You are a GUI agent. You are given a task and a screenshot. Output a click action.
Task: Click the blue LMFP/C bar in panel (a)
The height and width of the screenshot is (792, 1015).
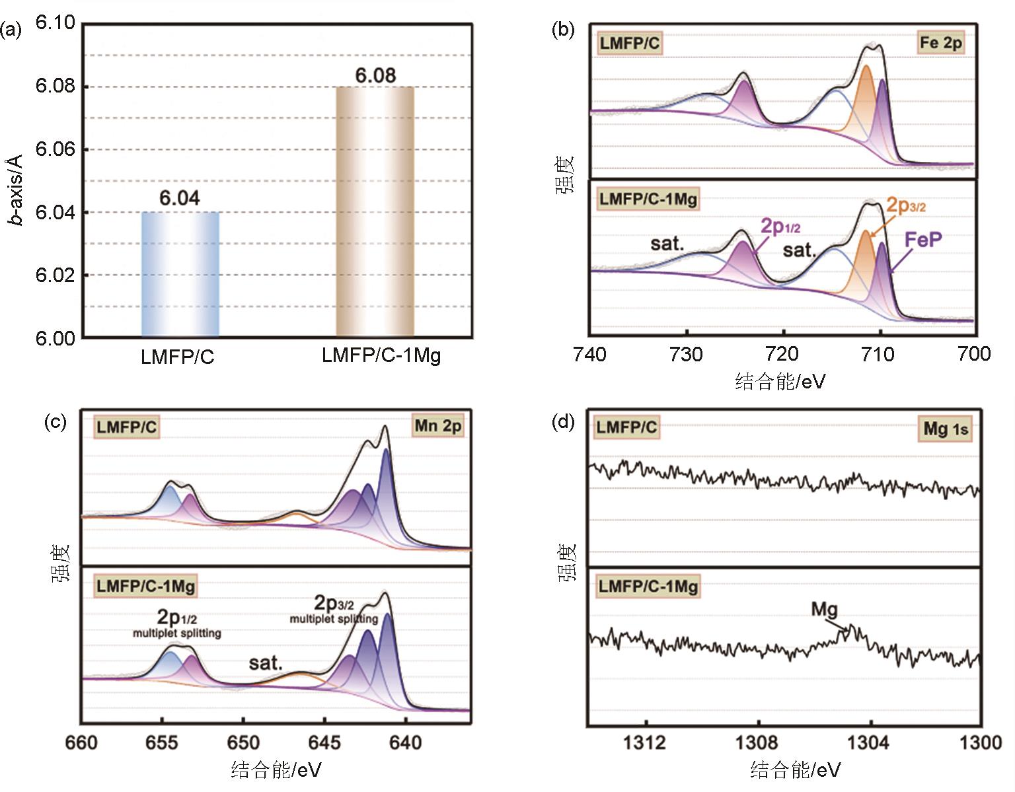[x=180, y=274]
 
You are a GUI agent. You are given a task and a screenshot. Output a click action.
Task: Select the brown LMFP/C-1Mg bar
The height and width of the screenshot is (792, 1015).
[x=375, y=211]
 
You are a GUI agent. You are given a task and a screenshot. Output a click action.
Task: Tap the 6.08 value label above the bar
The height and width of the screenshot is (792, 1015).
[x=375, y=75]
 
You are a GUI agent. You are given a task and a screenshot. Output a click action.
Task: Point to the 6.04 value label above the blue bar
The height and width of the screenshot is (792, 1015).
[x=179, y=198]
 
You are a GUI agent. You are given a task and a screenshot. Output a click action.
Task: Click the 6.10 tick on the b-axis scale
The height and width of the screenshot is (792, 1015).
[x=56, y=23]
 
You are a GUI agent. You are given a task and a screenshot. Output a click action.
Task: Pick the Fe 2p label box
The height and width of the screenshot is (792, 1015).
[x=941, y=43]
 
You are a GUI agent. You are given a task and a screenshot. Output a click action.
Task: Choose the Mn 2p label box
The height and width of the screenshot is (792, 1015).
[x=437, y=426]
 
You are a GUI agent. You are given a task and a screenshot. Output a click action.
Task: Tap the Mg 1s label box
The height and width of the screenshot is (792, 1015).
[x=946, y=429]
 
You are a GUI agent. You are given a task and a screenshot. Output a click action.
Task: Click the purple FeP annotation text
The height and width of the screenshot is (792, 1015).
[x=923, y=239]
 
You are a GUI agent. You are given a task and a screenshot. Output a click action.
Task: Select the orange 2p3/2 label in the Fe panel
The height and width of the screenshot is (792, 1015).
[x=905, y=205]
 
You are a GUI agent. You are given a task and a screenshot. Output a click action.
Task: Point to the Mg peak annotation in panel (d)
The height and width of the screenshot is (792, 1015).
[x=824, y=608]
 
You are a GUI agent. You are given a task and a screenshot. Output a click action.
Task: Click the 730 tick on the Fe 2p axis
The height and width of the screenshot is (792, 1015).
[x=686, y=355]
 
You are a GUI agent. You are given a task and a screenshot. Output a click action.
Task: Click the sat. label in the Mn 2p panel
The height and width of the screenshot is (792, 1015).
[x=266, y=663]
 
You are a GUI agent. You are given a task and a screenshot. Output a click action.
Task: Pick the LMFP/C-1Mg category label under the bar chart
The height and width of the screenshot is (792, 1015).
[x=381, y=355]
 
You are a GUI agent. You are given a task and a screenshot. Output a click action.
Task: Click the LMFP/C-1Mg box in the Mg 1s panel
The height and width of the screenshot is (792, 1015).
[x=647, y=586]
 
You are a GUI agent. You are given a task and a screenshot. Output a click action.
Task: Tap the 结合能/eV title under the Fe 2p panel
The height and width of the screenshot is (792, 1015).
[x=780, y=381]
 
